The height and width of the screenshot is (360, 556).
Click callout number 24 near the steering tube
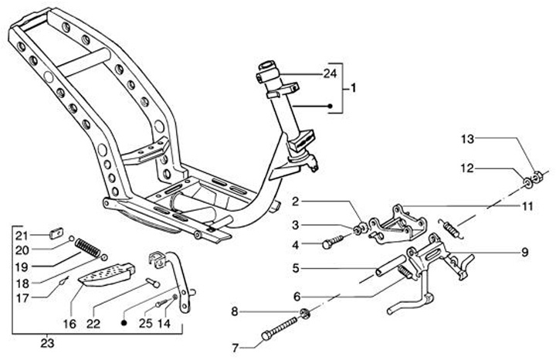(x=331, y=74)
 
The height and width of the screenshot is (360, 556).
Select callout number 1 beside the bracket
(x=353, y=89)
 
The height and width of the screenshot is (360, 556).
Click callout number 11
(x=527, y=207)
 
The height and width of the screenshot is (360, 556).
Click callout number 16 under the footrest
(x=72, y=325)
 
